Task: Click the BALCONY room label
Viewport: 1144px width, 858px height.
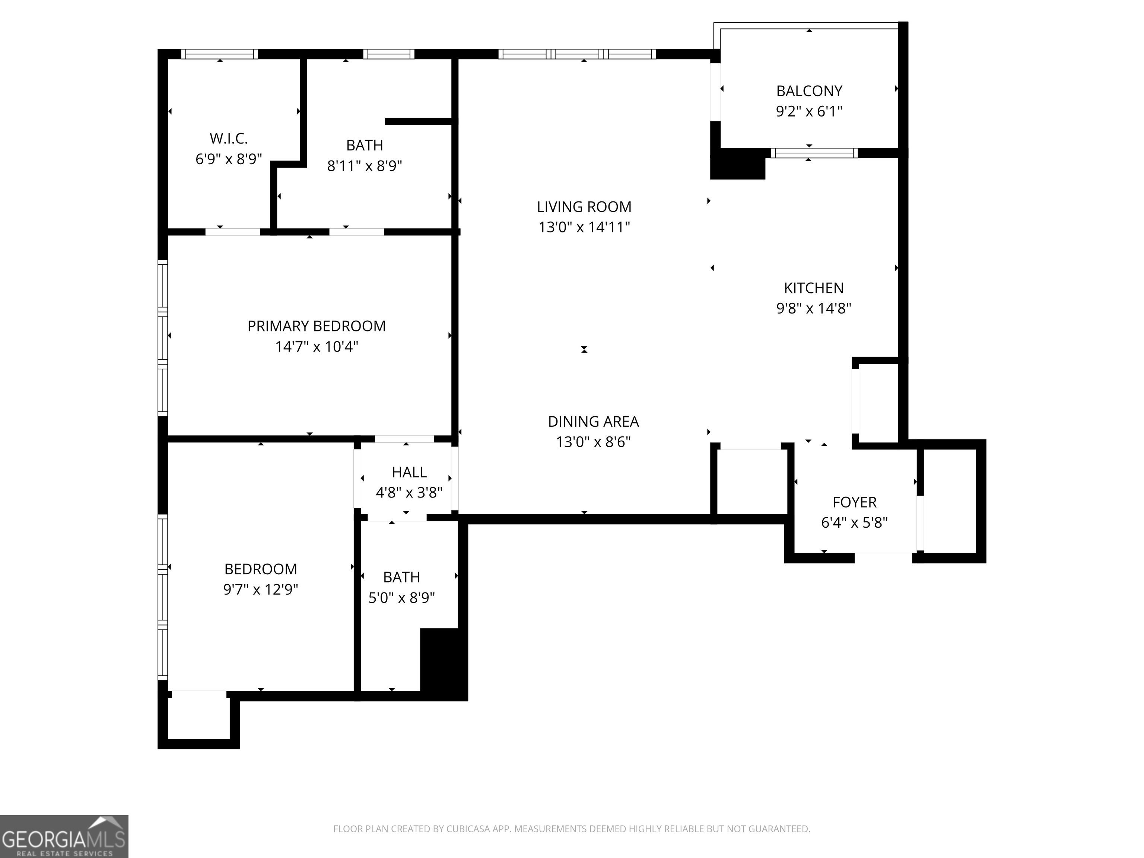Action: [809, 91]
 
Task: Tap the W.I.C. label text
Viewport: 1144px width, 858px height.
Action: [229, 139]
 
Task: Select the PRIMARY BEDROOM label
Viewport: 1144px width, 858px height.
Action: [317, 326]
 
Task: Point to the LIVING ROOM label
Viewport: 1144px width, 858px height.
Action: [584, 207]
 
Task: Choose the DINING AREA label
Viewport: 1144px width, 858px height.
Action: [593, 422]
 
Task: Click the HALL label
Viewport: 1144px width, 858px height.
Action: [409, 472]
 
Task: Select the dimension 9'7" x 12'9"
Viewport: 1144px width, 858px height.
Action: [261, 589]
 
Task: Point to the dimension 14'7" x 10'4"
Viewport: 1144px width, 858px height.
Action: [317, 346]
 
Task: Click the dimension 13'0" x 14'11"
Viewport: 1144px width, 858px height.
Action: [584, 227]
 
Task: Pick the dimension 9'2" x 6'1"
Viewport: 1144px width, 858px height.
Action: [809, 111]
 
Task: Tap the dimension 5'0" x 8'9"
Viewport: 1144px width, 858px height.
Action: [401, 597]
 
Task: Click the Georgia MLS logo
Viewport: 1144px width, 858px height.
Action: [64, 836]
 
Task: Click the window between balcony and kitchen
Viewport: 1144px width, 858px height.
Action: [814, 153]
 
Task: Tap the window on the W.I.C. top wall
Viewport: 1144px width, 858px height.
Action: [219, 54]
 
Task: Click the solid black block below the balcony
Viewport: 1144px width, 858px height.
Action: [737, 163]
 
